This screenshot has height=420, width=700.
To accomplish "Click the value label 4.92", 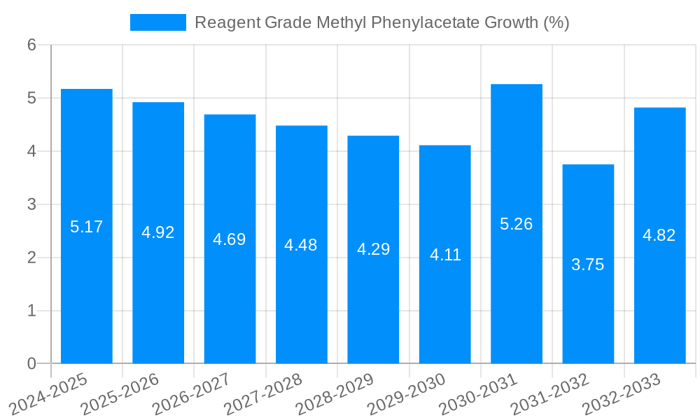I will pos(158,232).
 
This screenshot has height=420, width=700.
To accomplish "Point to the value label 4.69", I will pos(230,239).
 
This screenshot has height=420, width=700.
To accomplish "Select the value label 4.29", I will pos(373,249).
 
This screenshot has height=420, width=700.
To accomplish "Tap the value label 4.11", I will pos(445,255).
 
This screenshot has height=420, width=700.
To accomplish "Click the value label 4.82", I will pos(659,235).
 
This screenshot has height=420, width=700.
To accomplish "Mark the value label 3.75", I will pos(588,265).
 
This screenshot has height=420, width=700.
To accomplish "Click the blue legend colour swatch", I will pos(158,22).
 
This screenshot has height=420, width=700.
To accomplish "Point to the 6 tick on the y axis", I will pos(31,45).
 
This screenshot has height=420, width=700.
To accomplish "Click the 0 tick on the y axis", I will pos(31,363).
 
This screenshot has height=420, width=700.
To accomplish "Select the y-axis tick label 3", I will pos(31,204).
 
